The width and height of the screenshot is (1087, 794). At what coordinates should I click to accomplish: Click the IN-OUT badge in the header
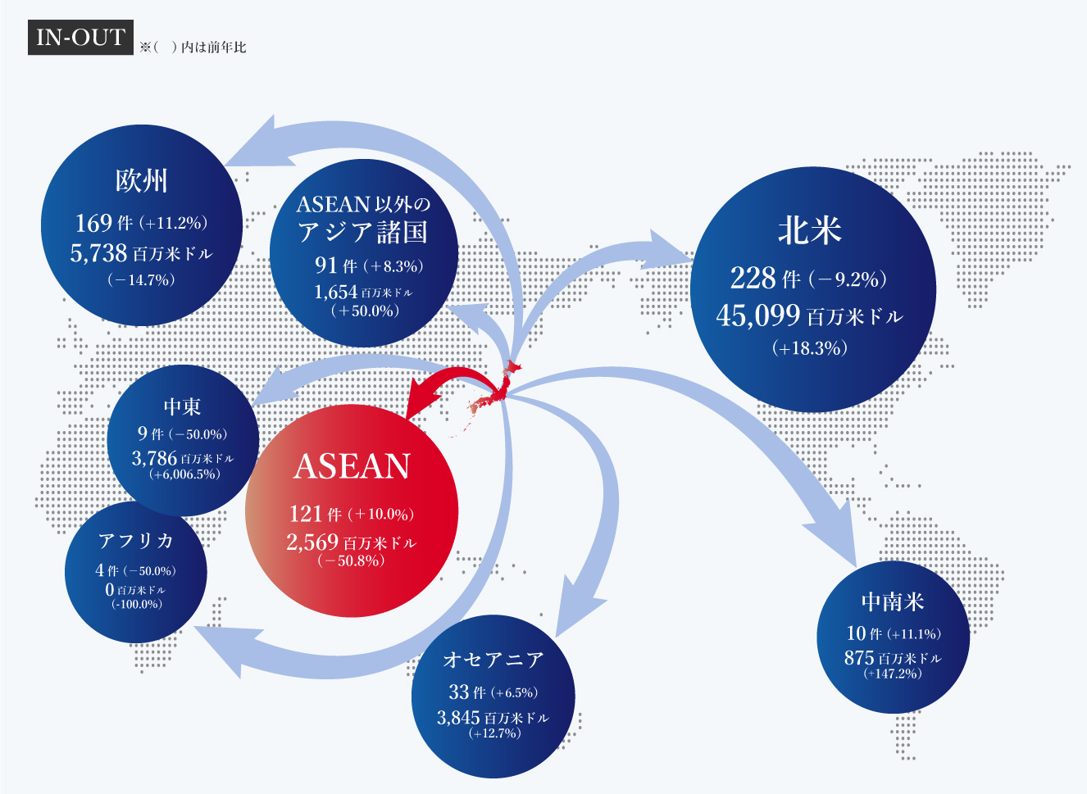pos(80,38)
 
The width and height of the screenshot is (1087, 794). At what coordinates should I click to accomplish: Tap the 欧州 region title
pos(141,181)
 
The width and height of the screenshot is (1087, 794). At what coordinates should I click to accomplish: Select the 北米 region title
pos(810,230)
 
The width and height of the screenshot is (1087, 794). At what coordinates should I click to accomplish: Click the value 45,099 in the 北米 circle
pos(758,315)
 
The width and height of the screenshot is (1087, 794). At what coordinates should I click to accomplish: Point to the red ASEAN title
pos(352,466)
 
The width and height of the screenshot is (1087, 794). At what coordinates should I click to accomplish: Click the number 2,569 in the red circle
pos(312,542)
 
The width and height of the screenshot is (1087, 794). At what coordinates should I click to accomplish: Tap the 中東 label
pos(183,406)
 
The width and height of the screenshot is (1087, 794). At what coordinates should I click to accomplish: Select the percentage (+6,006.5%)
pos(185,474)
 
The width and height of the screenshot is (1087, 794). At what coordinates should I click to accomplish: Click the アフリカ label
pos(136,541)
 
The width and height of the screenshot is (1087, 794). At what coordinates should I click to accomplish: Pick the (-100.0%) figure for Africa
pos(137,605)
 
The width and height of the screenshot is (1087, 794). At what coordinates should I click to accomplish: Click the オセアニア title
pos(493,660)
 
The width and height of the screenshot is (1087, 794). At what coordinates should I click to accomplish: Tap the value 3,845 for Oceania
pos(458,718)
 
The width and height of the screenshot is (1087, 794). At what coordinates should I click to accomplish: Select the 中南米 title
pos(893,601)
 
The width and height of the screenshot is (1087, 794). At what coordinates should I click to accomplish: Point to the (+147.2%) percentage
pos(893,674)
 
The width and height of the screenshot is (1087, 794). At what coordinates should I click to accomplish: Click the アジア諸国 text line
pos(362,232)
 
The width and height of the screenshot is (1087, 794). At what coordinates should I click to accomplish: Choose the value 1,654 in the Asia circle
pos(336,292)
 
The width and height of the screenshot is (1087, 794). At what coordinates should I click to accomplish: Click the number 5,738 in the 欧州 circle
pos(98,253)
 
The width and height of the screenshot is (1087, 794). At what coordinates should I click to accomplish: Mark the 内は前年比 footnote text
pos(213,47)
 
